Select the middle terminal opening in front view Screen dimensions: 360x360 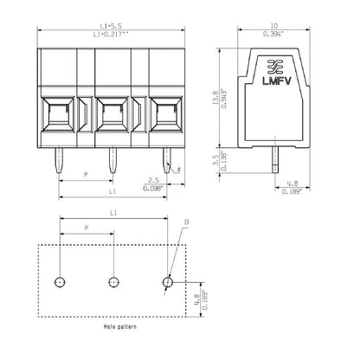[112, 113]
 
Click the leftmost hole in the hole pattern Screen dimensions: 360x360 [59, 282]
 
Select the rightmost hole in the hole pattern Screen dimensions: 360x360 [168, 282]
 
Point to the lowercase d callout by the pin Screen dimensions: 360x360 [179, 170]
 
